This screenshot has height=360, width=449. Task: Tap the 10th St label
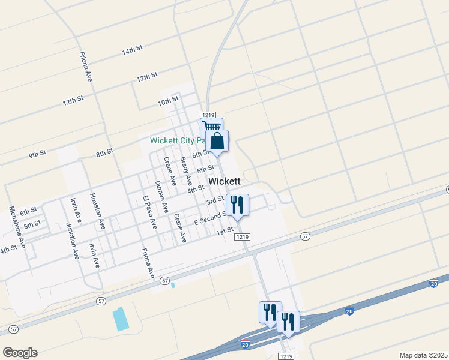[169, 101]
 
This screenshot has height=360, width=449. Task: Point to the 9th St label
[37, 155]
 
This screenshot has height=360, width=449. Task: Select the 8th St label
[104, 153]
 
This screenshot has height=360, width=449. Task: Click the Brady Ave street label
[185, 170]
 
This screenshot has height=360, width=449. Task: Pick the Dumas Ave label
[161, 197]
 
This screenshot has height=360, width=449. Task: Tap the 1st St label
[224, 232]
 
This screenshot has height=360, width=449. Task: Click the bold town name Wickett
[224, 181]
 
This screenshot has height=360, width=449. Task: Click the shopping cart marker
[211, 127]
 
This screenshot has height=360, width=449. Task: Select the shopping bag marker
[217, 141]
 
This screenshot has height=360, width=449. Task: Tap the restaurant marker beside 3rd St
[238, 205]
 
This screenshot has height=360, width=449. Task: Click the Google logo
[20, 353]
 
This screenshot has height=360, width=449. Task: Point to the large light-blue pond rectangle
[121, 319]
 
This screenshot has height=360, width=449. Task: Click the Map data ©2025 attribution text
[423, 355]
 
